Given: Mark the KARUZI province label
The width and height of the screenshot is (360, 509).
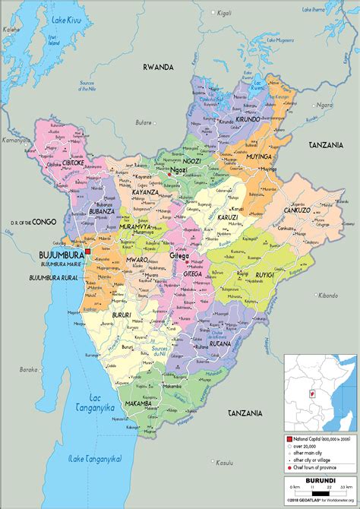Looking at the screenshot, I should pyautogui.click(x=225, y=217).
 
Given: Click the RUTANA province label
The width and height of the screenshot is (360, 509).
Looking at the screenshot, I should pyautogui.click(x=219, y=342).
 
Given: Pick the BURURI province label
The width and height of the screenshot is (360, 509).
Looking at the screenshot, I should pyautogui.click(x=122, y=313).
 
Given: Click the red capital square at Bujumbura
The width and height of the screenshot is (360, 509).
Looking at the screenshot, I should pyautogui.click(x=89, y=251).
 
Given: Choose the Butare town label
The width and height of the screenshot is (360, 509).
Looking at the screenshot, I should pyautogui.click(x=142, y=122).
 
